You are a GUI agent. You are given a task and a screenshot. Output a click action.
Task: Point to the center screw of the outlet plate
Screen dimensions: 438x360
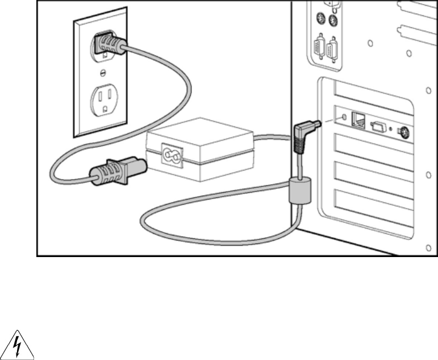tap(103, 72)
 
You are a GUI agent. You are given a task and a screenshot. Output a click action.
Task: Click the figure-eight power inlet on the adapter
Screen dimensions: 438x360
tap(170, 152)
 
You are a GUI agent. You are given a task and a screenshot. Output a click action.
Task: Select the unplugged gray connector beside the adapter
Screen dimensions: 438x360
tap(116, 170)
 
